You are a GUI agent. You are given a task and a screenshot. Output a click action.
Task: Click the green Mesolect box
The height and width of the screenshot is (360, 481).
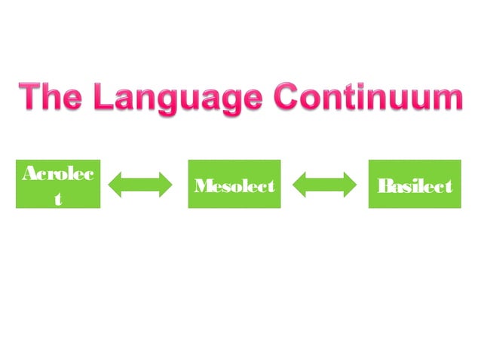[x=234, y=184]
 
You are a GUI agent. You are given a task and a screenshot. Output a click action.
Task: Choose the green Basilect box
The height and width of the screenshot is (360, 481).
[x=414, y=184]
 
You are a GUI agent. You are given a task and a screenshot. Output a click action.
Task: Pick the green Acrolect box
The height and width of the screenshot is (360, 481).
[x=58, y=184]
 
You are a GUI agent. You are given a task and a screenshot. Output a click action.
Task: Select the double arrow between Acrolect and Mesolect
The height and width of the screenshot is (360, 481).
[x=141, y=184]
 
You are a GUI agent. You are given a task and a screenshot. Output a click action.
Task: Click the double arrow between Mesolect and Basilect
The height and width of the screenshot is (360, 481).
[x=324, y=184]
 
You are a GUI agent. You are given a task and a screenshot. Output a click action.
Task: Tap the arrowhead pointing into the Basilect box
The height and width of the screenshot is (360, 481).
[x=351, y=184]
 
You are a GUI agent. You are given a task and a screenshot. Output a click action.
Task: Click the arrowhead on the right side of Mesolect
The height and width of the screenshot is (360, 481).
[x=298, y=184]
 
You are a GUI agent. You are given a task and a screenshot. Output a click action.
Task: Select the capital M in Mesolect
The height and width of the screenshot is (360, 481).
[x=201, y=185]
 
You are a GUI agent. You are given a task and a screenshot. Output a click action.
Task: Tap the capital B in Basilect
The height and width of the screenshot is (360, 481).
[x=383, y=185]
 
